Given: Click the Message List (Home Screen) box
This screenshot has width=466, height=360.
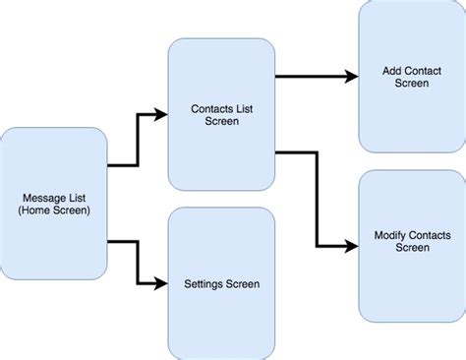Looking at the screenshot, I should [54, 203].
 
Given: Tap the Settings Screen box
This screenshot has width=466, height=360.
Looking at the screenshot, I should [221, 283].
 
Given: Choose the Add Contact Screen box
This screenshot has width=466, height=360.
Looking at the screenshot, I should [411, 77].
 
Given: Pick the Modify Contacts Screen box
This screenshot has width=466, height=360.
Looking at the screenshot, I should [411, 241].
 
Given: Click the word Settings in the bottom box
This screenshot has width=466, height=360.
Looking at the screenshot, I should [204, 284].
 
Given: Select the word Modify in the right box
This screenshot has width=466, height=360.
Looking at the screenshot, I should [392, 235].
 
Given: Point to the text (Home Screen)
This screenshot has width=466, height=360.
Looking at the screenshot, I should [54, 210].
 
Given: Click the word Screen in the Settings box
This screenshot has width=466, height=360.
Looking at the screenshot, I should [242, 284].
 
